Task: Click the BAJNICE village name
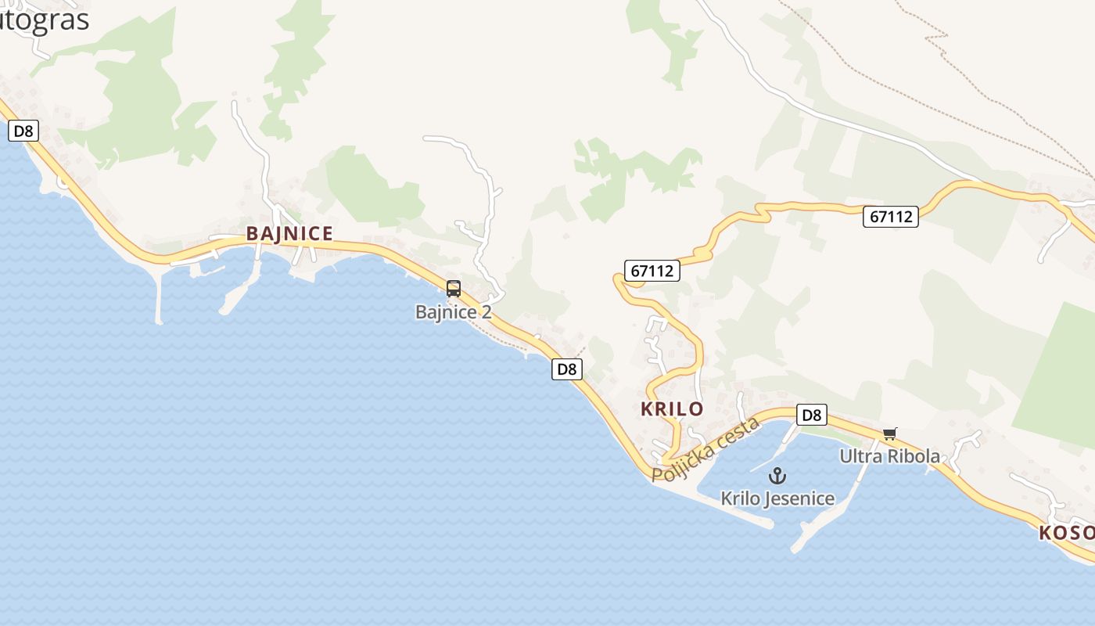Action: pyautogui.click(x=289, y=233)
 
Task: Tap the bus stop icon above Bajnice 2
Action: pyautogui.click(x=454, y=289)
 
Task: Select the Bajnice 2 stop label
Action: pyautogui.click(x=454, y=312)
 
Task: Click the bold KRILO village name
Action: pyautogui.click(x=672, y=408)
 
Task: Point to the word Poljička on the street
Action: pyautogui.click(x=680, y=462)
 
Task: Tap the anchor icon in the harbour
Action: pyautogui.click(x=777, y=476)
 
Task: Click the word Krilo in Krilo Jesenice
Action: pyautogui.click(x=738, y=498)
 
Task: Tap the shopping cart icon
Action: pyautogui.click(x=889, y=434)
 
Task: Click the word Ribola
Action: pyautogui.click(x=914, y=456)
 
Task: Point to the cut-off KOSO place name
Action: pyautogui.click(x=1067, y=533)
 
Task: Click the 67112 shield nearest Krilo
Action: pyautogui.click(x=652, y=271)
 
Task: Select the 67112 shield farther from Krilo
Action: pyautogui.click(x=891, y=216)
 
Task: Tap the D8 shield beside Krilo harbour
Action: pyautogui.click(x=812, y=415)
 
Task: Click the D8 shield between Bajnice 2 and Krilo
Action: pyautogui.click(x=567, y=369)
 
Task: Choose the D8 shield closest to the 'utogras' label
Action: pyautogui.click(x=23, y=131)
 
